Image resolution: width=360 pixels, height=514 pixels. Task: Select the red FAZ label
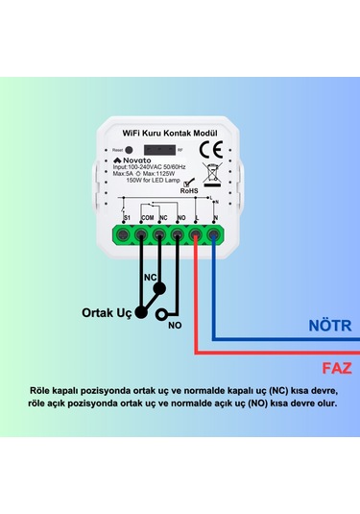(336, 367)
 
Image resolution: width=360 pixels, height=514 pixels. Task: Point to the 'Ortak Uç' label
(105, 312)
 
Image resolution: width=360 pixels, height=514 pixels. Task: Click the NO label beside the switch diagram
(175, 326)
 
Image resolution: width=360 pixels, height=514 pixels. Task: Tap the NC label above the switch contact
(150, 278)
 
